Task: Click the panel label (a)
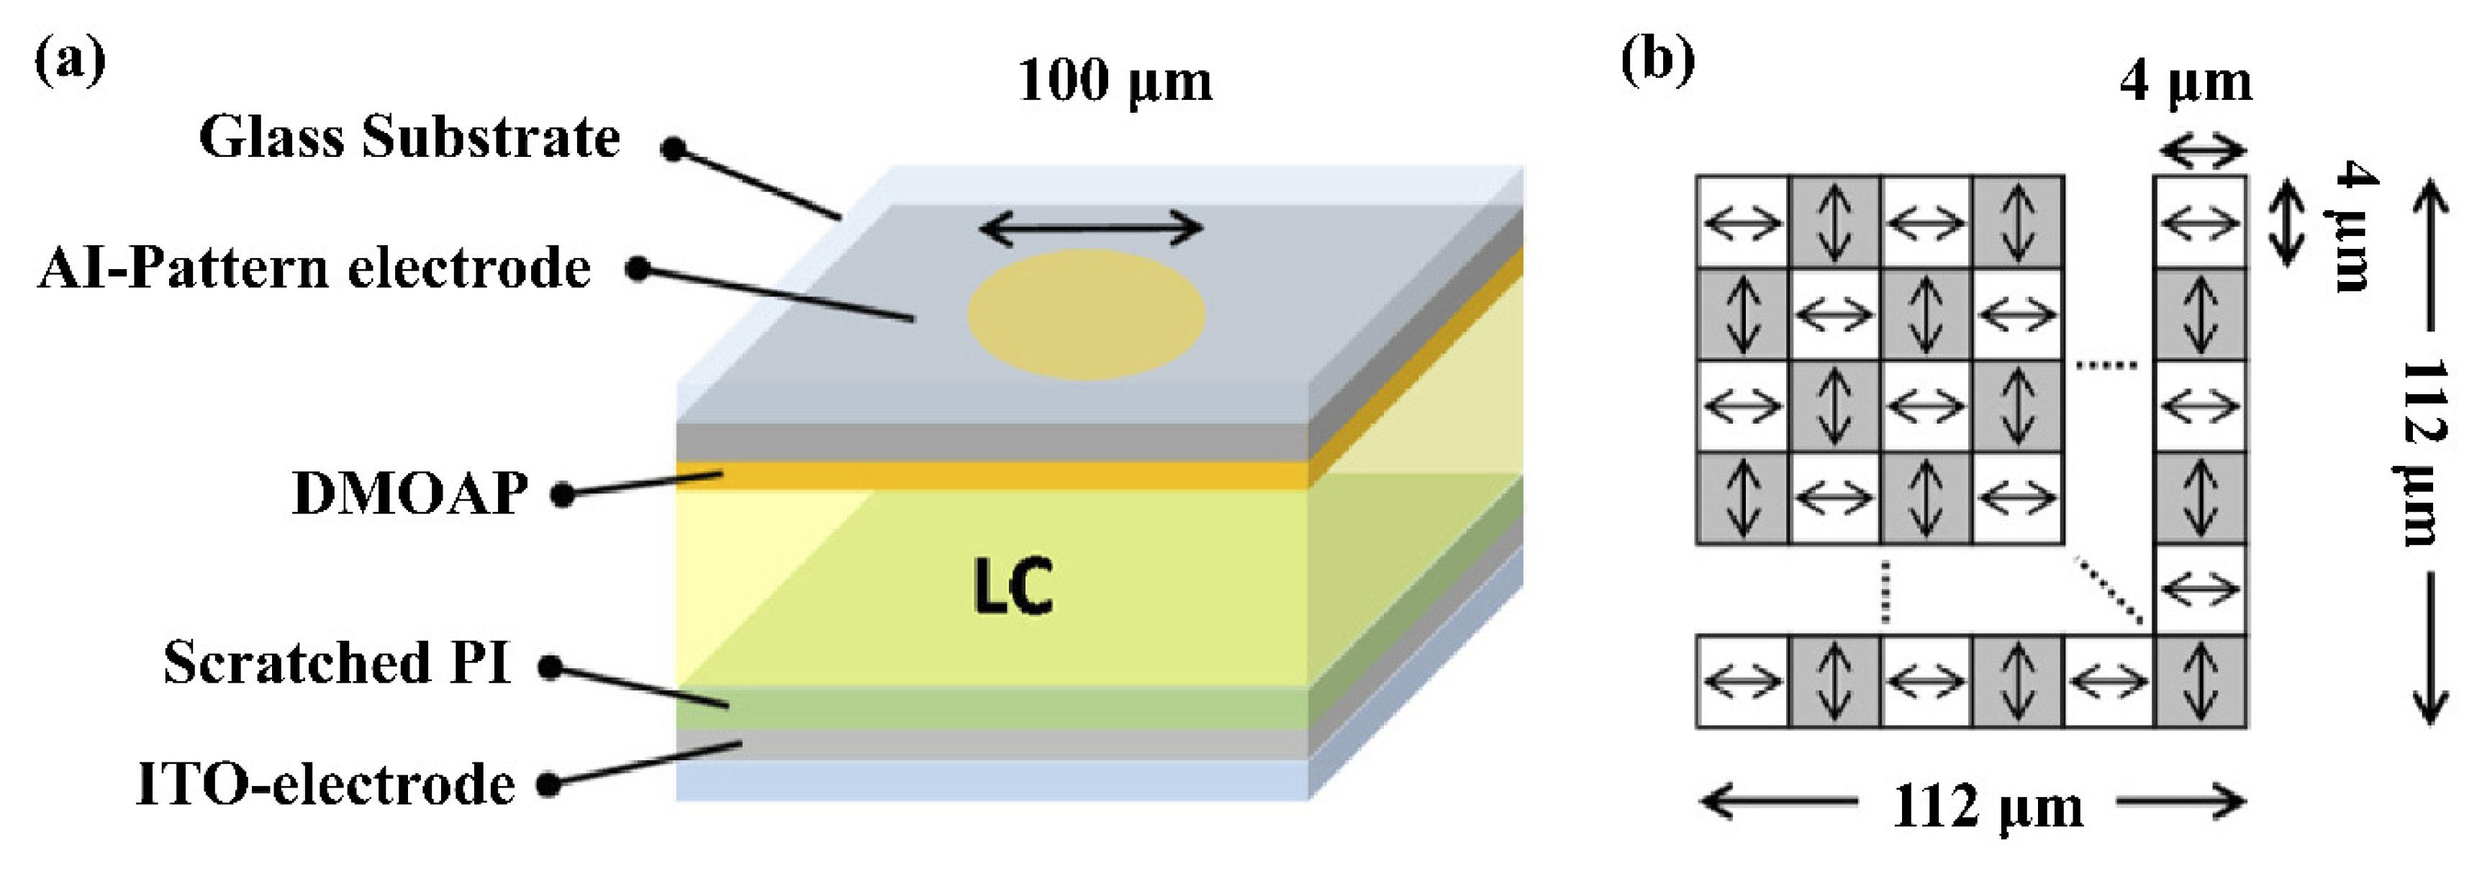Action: click(x=69, y=60)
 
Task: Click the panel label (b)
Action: click(x=1657, y=60)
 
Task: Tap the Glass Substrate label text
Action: click(x=409, y=138)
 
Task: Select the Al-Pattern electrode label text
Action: click(x=314, y=268)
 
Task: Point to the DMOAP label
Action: click(x=410, y=493)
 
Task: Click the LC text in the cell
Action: click(x=1013, y=585)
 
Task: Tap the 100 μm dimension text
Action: click(x=1115, y=81)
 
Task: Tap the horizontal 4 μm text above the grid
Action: click(x=2186, y=83)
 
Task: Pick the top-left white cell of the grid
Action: click(x=1742, y=222)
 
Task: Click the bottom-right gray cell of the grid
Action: click(x=2201, y=681)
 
